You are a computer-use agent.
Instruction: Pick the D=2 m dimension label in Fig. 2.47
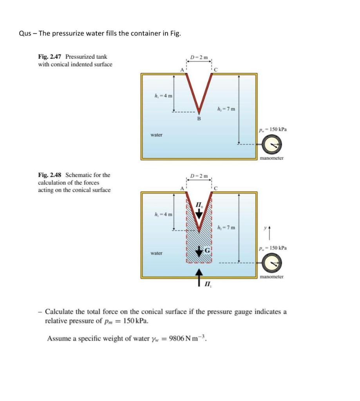coord(199,58)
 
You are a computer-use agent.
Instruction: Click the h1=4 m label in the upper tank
coord(163,97)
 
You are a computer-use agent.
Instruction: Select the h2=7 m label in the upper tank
coord(226,109)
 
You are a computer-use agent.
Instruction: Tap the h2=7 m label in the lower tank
coord(226,228)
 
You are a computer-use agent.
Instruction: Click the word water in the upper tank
coord(156,135)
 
